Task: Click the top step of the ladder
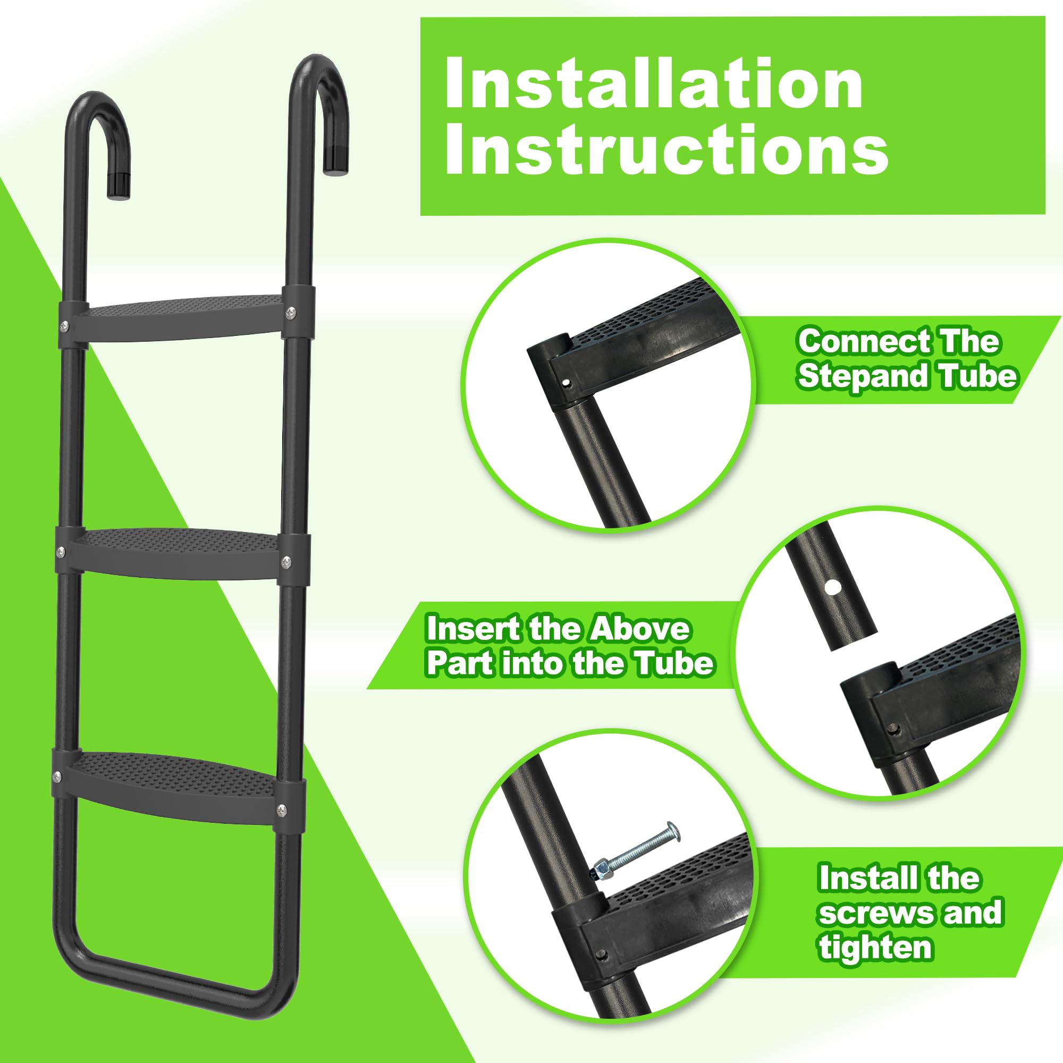click(184, 313)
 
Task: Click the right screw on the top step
click(291, 313)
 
